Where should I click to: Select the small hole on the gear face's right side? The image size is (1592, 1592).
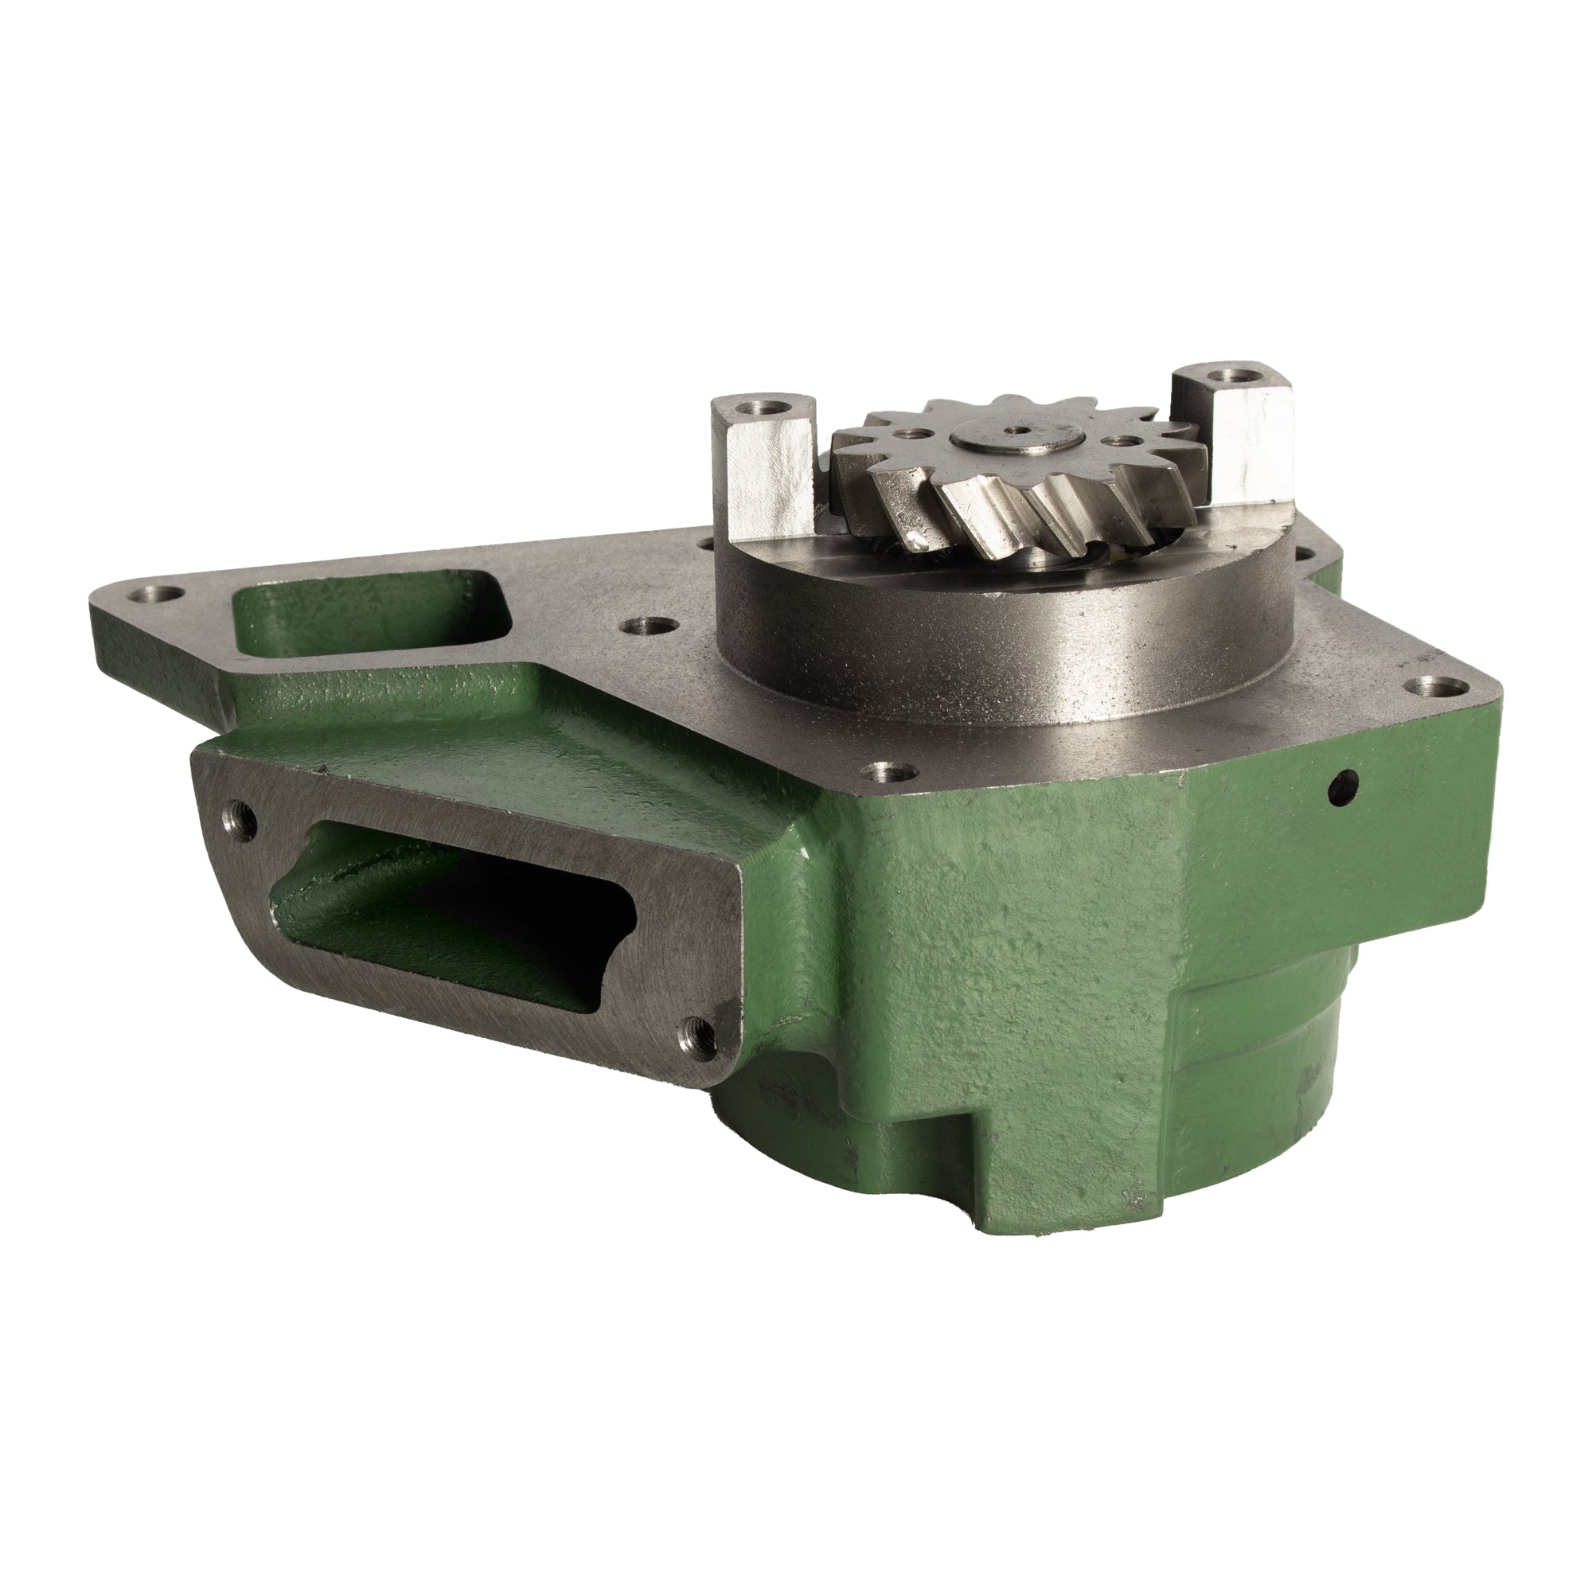coord(1118,439)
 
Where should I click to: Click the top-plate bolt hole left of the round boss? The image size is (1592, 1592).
coord(642,627)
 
